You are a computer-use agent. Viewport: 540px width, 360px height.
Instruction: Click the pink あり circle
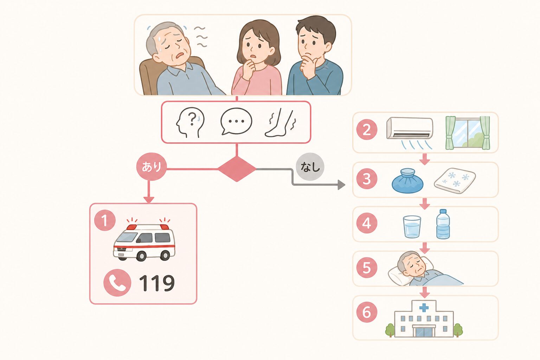pyautogui.click(x=152, y=167)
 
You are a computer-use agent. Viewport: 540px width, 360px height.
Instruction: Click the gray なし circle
pyautogui.click(x=310, y=167)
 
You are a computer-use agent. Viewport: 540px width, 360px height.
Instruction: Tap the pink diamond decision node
pyautogui.click(x=237, y=169)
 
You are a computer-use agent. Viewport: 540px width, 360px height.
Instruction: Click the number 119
pyautogui.click(x=157, y=283)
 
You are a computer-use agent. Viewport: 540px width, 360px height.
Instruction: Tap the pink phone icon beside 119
pyautogui.click(x=117, y=283)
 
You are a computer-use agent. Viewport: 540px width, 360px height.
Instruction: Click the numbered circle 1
pyautogui.click(x=105, y=220)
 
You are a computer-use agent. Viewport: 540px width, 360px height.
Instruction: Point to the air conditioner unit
pyautogui.click(x=410, y=133)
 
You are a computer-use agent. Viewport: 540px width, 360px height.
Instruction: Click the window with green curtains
pyautogui.click(x=468, y=133)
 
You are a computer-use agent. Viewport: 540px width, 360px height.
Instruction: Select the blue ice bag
pyautogui.click(x=407, y=181)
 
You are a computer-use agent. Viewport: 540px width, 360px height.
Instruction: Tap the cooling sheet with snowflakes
pyautogui.click(x=455, y=180)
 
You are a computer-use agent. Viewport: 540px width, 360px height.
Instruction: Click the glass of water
pyautogui.click(x=412, y=227)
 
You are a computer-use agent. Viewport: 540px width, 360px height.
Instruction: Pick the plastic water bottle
pyautogui.click(x=443, y=224)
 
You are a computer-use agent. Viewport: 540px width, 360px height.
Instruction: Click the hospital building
pyautogui.click(x=424, y=319)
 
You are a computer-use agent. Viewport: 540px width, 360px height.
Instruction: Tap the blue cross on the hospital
pyautogui.click(x=424, y=308)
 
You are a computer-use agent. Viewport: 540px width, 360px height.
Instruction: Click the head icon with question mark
pyautogui.click(x=190, y=122)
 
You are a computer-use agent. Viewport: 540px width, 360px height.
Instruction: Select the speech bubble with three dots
pyautogui.click(x=236, y=121)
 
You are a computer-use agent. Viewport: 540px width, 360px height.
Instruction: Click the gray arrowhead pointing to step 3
pyautogui.click(x=341, y=185)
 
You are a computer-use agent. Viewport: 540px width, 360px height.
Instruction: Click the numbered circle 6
pyautogui.click(x=367, y=312)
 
